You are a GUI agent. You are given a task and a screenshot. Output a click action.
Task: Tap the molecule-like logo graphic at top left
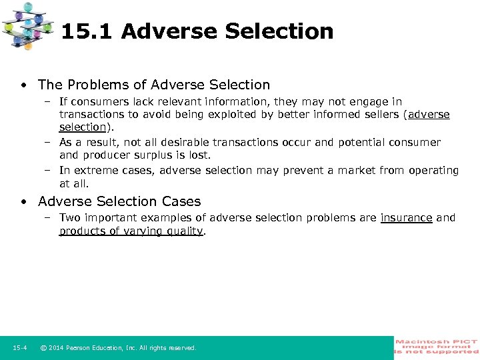[x=28, y=25]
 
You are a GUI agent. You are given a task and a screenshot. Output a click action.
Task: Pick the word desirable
[x=175, y=142]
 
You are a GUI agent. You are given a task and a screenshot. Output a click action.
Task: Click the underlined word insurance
[x=406, y=217]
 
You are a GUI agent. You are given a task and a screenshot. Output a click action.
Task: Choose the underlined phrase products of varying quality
[x=131, y=231]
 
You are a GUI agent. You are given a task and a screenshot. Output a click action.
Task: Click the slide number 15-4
[x=19, y=348]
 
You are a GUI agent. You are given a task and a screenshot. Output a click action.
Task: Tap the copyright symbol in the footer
[x=43, y=348]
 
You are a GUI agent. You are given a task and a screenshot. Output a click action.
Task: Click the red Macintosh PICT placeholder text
[x=437, y=347]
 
